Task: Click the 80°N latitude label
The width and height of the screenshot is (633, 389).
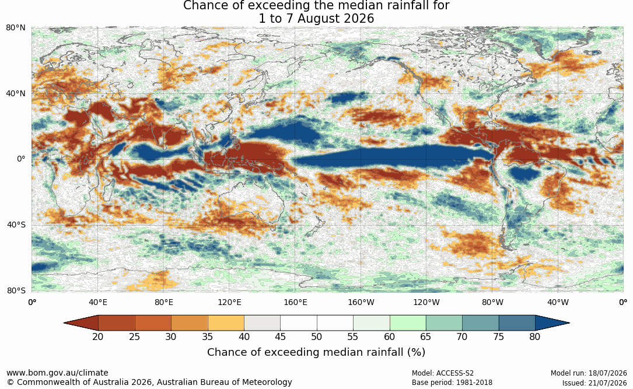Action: (x=16, y=28)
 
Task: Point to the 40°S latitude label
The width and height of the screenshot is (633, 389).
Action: (x=16, y=225)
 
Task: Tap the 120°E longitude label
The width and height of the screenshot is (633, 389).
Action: (x=229, y=302)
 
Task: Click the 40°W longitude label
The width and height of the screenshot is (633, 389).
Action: (x=558, y=302)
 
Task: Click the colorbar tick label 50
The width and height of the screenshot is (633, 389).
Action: (x=316, y=337)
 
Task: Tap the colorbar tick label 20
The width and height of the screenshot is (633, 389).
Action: (x=97, y=337)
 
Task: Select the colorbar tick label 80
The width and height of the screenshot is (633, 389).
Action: (x=535, y=337)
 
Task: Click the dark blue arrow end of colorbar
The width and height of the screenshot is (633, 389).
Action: (x=550, y=323)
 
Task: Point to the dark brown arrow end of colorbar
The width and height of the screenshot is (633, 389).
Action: (x=83, y=323)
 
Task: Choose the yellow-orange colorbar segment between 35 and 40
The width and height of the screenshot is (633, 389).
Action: (x=226, y=323)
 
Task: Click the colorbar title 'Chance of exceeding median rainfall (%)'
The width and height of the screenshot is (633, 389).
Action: (x=316, y=352)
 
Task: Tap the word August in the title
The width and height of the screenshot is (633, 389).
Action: (x=317, y=19)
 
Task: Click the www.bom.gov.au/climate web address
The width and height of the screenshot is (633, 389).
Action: (x=57, y=373)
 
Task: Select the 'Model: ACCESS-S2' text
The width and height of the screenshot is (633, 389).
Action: (x=443, y=373)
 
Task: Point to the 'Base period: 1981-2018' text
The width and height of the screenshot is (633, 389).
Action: (x=452, y=383)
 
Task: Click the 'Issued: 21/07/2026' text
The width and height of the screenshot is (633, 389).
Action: (x=594, y=383)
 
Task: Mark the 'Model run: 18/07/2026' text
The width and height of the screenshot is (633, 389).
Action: (x=589, y=373)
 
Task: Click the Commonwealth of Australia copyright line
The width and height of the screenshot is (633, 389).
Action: (x=149, y=382)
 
